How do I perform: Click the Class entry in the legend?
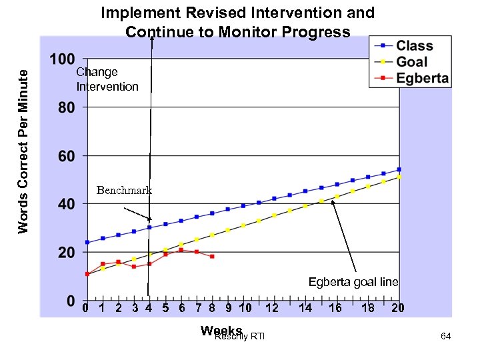(x=414, y=46)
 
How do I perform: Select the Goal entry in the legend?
(x=411, y=62)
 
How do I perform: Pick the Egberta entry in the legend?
(x=422, y=78)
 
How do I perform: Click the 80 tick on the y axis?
(x=65, y=107)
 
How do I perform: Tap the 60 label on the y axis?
(x=65, y=156)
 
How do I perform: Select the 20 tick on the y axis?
(x=65, y=253)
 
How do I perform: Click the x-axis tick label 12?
(x=272, y=308)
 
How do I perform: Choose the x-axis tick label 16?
(x=335, y=308)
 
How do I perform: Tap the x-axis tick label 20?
(x=398, y=308)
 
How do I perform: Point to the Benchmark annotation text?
(x=124, y=191)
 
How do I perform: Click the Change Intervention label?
(x=107, y=79)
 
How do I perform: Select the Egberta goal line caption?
(x=353, y=282)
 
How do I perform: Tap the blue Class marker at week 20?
(x=399, y=169)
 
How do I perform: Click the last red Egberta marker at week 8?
(x=212, y=257)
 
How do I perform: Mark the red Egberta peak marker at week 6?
(x=181, y=250)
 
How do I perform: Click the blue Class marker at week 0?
(x=87, y=242)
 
